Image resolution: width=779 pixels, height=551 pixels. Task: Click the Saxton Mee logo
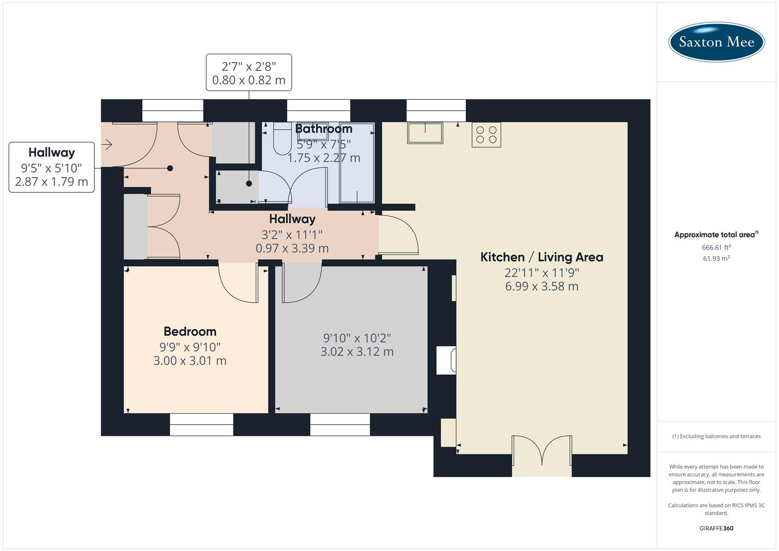click(x=716, y=42)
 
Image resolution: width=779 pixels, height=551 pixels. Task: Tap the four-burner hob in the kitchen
click(x=486, y=135)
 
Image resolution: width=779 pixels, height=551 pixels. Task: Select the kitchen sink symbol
click(x=424, y=133)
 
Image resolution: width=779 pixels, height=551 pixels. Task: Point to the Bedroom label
click(x=190, y=332)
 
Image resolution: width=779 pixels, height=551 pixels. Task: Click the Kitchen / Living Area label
click(x=542, y=257)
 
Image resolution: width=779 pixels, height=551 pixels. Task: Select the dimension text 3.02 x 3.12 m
click(x=357, y=352)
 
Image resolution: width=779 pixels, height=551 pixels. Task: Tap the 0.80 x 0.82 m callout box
click(x=249, y=73)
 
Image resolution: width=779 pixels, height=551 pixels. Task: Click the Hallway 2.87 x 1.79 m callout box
click(x=52, y=167)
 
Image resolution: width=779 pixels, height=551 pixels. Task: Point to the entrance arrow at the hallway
click(x=107, y=145)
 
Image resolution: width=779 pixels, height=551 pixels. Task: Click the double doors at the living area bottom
click(x=542, y=452)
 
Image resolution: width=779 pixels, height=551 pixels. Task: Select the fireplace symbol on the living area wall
click(x=446, y=360)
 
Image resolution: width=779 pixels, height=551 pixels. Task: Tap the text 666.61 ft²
click(x=716, y=247)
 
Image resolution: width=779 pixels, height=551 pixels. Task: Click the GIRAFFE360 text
click(x=716, y=528)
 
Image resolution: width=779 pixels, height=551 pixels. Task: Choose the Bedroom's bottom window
click(x=202, y=424)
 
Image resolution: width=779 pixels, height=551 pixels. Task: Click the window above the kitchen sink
click(x=436, y=111)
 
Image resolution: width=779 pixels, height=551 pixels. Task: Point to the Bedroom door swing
click(x=238, y=283)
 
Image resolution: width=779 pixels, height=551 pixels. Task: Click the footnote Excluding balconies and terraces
click(x=716, y=436)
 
